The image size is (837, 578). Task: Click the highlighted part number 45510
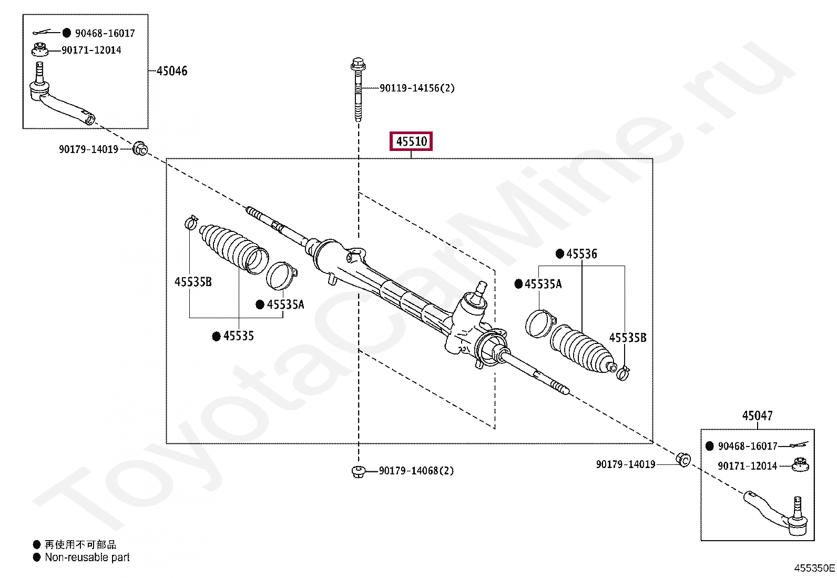click(411, 141)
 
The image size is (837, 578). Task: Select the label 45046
click(172, 71)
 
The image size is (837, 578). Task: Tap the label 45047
click(757, 416)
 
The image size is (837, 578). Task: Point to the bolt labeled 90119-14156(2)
click(358, 89)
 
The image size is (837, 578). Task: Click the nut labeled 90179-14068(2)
click(358, 471)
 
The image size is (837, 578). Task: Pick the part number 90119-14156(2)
click(417, 88)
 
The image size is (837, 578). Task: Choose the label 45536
click(581, 254)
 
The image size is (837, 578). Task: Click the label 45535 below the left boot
click(238, 336)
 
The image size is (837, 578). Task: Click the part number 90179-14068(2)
click(416, 471)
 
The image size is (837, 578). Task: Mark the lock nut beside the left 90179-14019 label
click(140, 148)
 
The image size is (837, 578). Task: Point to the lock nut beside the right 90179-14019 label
click(683, 460)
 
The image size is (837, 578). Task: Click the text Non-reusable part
click(87, 557)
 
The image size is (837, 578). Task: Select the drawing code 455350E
click(814, 568)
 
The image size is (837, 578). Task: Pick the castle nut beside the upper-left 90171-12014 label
click(39, 50)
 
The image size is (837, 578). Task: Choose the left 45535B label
click(193, 282)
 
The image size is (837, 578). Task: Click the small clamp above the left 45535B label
click(191, 222)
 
